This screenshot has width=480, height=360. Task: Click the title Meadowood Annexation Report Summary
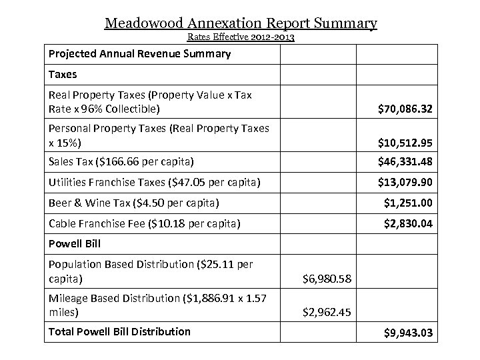point(241,24)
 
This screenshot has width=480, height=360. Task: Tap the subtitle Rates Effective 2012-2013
point(240,38)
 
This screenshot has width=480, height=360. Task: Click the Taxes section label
point(63,75)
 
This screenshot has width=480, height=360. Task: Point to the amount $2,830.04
point(408,224)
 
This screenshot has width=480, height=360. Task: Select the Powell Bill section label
point(74,244)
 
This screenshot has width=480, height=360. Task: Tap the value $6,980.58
point(327,277)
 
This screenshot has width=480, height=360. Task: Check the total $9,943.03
point(408,331)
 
